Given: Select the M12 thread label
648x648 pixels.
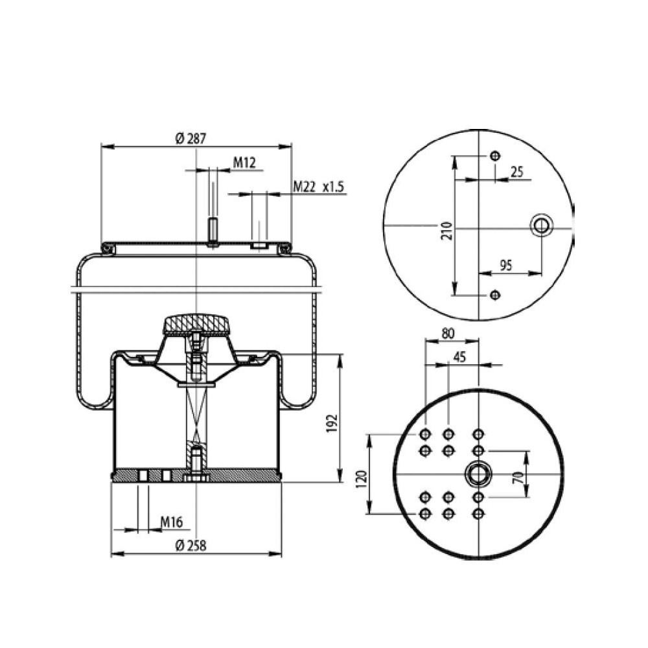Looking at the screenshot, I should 244,163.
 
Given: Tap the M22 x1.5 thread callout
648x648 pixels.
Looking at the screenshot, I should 318,187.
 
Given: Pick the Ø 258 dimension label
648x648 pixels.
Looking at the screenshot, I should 190,546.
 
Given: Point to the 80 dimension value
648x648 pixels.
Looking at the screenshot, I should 447,334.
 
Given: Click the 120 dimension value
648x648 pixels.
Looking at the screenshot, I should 362,478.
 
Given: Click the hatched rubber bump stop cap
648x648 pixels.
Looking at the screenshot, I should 196,323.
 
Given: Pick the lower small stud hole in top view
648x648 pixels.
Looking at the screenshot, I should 496,295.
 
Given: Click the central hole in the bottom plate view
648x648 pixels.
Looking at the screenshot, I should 478,474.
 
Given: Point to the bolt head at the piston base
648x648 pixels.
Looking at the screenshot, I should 196,478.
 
